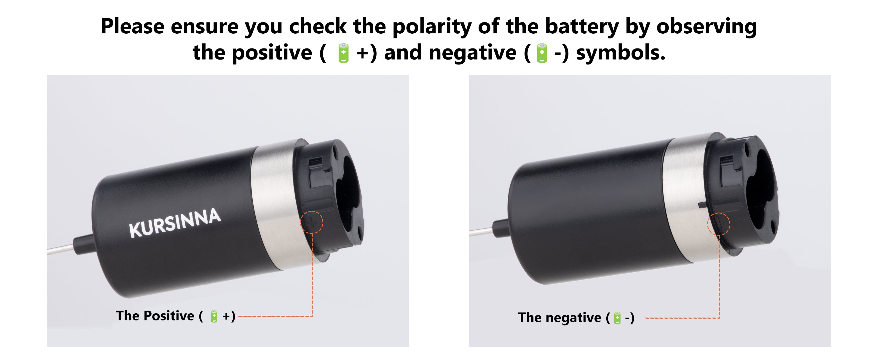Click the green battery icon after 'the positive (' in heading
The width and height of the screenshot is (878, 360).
(343, 54)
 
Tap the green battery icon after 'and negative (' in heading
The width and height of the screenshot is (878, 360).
(542, 54)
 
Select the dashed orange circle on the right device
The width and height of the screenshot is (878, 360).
(718, 224)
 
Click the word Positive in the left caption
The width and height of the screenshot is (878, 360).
(169, 316)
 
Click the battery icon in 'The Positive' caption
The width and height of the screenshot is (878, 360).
(214, 316)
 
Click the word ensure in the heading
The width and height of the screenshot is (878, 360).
(204, 27)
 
